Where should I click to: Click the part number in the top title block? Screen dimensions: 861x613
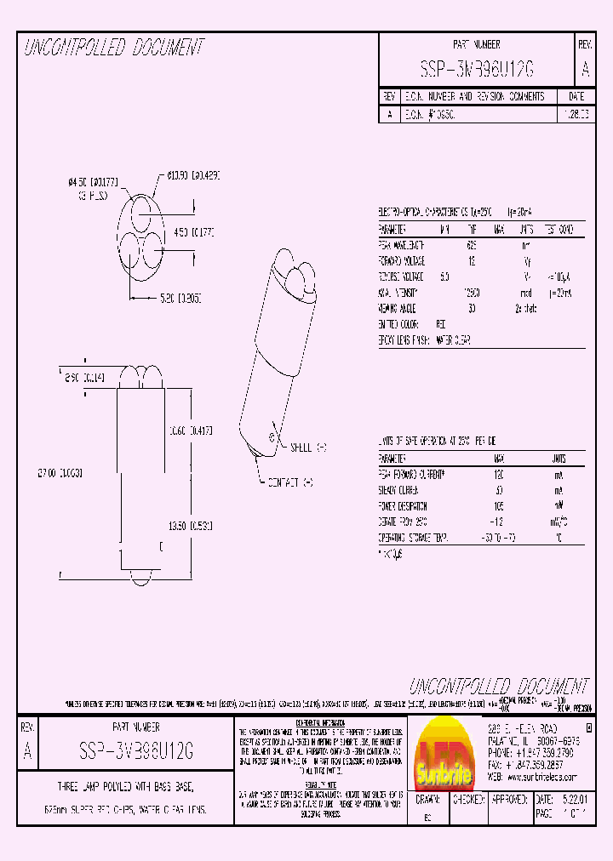pyautogui.click(x=476, y=68)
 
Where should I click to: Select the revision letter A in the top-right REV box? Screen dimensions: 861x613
pyautogui.click(x=584, y=68)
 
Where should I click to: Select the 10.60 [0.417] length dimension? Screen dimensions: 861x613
pyautogui.click(x=191, y=430)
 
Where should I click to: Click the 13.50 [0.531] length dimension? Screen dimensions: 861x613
pyautogui.click(x=191, y=525)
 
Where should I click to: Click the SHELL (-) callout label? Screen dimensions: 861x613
pyautogui.click(x=309, y=447)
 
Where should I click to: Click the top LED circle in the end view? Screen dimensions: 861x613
pyautogui.click(x=140, y=212)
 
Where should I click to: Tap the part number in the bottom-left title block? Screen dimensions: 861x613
pyautogui.click(x=136, y=751)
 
